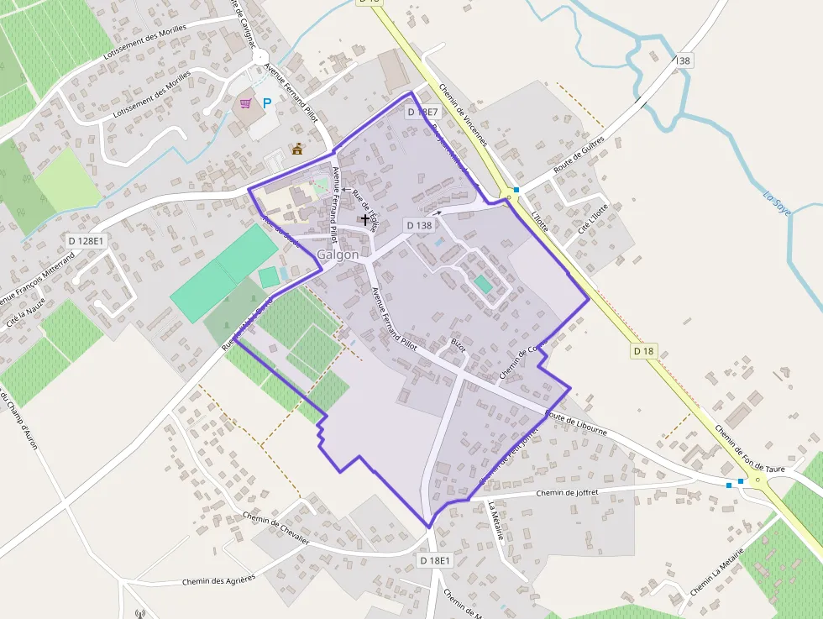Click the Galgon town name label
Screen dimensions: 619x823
(x=338, y=254)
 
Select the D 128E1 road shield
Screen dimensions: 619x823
(x=86, y=241)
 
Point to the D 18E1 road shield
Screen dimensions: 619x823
(x=435, y=560)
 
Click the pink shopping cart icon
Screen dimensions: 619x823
(x=246, y=103)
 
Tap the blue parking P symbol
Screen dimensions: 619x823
(x=267, y=103)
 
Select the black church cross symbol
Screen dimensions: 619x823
(x=365, y=220)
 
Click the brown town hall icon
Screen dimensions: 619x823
(x=296, y=150)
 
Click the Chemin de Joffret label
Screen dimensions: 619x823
(x=565, y=493)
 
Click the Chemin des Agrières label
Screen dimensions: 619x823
(x=218, y=580)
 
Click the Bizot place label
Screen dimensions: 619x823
(x=458, y=345)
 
